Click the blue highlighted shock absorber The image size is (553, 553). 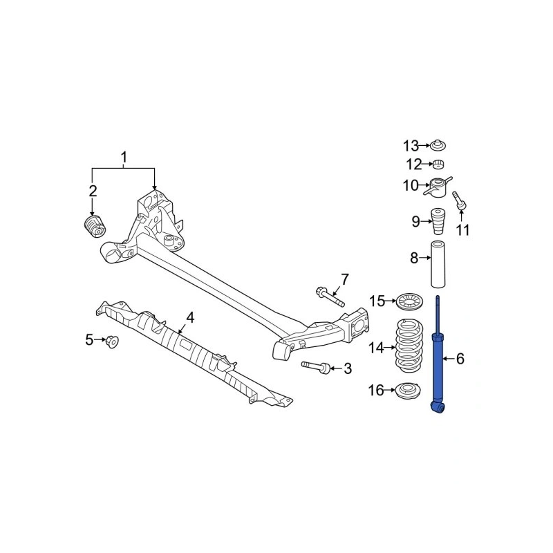click(x=438, y=367)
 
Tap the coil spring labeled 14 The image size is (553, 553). click(x=409, y=346)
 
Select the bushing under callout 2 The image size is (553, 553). click(x=95, y=227)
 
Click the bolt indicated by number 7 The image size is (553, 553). click(x=330, y=297)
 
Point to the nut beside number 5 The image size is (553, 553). click(x=113, y=341)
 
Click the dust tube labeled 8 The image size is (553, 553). click(x=438, y=264)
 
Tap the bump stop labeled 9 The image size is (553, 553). click(x=438, y=221)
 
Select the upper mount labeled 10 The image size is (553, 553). click(x=438, y=187)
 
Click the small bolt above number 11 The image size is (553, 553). click(x=459, y=199)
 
